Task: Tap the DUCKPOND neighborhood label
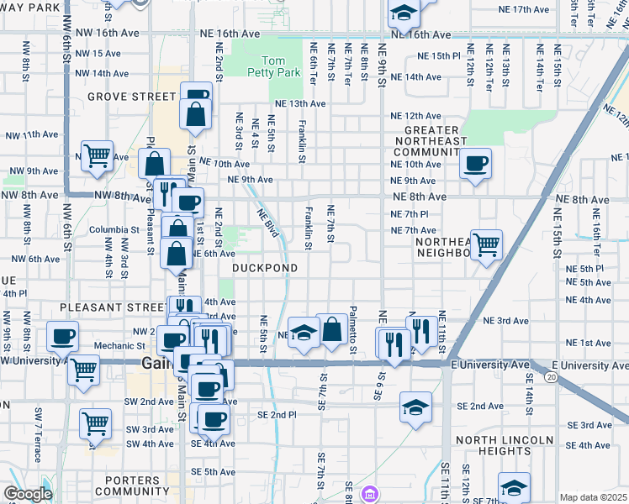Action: coord(264,268)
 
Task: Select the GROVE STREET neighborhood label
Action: coord(129,97)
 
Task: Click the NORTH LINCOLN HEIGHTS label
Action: coord(504,445)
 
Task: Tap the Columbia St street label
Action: coord(114,229)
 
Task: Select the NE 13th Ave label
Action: coord(296,103)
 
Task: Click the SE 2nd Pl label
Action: coord(277,415)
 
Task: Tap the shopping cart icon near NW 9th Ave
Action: coord(97,155)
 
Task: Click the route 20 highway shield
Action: coord(551,378)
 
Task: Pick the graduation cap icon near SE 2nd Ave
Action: coord(415,407)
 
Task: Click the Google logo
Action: coord(28,494)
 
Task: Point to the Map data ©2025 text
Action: coord(593,496)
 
